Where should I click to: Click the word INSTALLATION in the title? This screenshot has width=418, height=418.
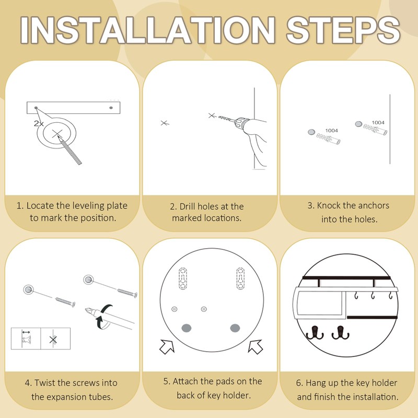147,30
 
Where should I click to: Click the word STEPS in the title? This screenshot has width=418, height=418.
343,30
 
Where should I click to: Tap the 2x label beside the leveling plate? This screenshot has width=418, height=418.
38,123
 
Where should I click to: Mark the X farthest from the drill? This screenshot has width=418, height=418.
164,123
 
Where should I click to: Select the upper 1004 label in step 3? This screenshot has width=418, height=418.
378,122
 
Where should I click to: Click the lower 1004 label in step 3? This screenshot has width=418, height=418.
331,130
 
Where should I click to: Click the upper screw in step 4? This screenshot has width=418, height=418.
127,293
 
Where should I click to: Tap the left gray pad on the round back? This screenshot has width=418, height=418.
187,328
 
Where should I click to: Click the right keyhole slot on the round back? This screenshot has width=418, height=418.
240,278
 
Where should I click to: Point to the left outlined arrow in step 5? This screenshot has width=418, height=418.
167,346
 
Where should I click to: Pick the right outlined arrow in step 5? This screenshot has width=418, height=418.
256,346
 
